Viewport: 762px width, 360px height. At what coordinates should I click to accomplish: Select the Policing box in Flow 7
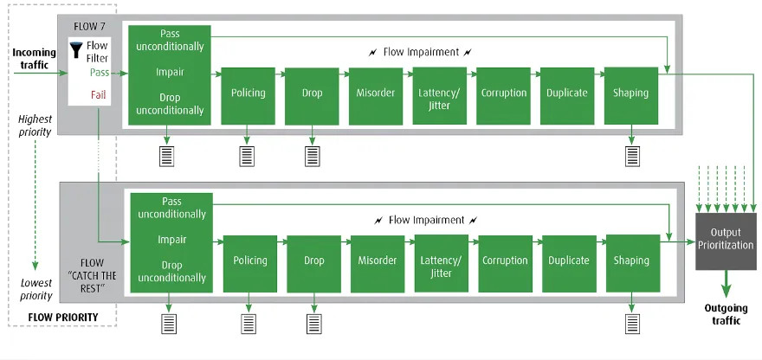pos(248,93)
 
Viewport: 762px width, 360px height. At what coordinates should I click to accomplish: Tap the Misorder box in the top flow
pos(375,93)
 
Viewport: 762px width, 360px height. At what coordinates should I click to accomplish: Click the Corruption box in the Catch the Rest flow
pos(504,260)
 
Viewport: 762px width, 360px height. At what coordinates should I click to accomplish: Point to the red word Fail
pos(98,94)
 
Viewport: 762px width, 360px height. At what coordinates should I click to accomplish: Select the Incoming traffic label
pos(34,59)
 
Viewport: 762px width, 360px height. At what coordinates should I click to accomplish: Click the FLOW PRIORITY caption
pos(62,317)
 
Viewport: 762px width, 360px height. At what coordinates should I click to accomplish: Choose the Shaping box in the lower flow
pos(631,260)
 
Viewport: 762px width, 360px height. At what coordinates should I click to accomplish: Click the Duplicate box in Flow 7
pos(567,93)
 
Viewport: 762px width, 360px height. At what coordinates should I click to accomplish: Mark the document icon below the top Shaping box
pos(633,157)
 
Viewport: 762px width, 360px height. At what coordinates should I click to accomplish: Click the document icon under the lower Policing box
pos(249,324)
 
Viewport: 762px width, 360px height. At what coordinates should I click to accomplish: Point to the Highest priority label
pos(34,125)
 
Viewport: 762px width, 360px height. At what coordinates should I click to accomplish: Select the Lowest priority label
pos(35,289)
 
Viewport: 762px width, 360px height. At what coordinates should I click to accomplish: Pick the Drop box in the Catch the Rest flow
pos(313,260)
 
